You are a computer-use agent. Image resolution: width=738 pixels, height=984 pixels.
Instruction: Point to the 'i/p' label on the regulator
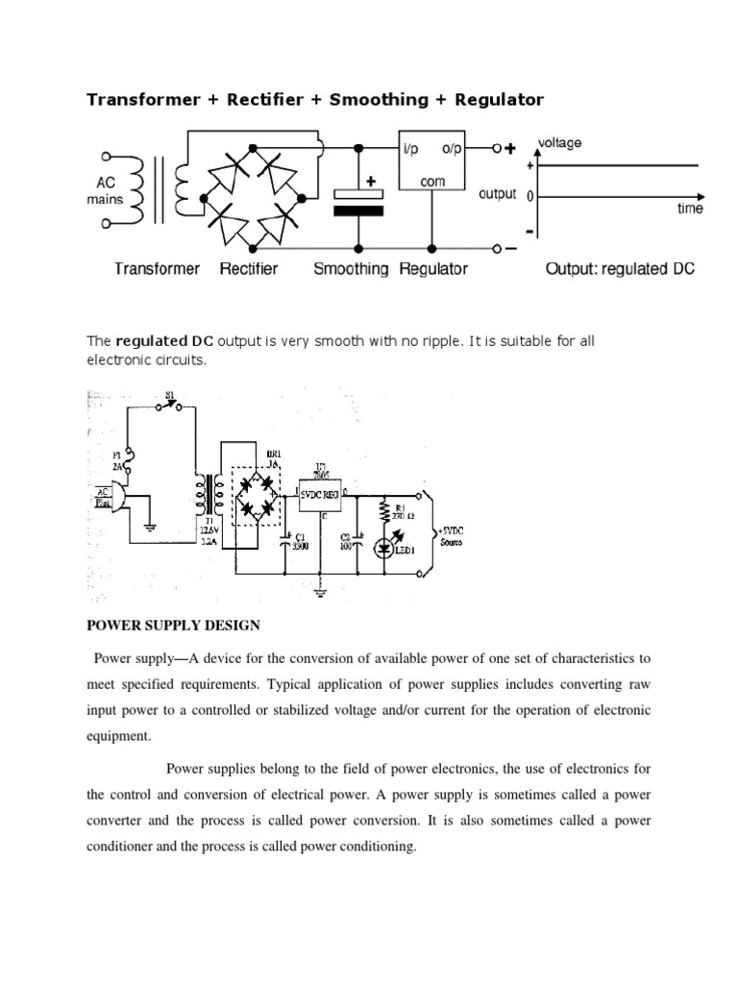(410, 149)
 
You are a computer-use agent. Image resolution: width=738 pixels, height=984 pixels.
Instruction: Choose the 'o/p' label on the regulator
(453, 149)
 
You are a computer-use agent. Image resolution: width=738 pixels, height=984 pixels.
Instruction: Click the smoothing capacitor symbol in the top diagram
(357, 200)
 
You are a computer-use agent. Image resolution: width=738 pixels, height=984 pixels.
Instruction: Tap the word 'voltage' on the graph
(558, 143)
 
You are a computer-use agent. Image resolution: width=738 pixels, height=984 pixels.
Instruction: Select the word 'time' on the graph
(689, 209)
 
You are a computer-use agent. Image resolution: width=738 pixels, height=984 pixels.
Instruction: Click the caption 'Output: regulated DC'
(619, 269)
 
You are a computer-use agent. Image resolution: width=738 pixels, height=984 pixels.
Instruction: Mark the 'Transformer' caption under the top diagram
(157, 269)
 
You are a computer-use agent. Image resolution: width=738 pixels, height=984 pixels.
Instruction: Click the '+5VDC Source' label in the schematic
(453, 536)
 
